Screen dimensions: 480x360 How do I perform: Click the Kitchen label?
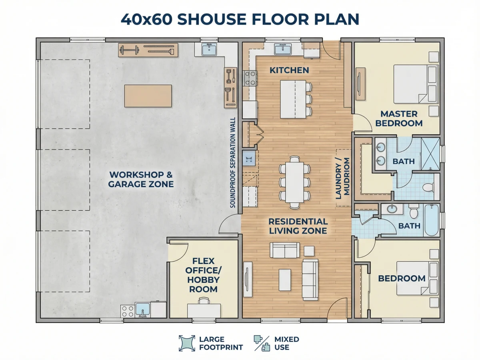click(x=289, y=70)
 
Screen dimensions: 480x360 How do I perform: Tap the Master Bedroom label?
click(x=399, y=118)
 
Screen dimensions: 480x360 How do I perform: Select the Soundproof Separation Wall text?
click(x=233, y=162)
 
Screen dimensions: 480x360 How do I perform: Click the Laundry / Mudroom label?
click(x=342, y=178)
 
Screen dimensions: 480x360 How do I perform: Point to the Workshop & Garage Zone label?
click(x=141, y=179)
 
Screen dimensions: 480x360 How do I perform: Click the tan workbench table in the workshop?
click(x=148, y=96)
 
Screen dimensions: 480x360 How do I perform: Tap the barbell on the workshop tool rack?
click(x=130, y=50)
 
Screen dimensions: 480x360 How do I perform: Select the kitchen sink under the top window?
click(x=283, y=49)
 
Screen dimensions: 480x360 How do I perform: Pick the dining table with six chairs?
click(x=294, y=182)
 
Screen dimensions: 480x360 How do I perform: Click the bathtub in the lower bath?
click(x=432, y=220)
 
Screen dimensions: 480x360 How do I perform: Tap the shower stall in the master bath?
click(x=430, y=154)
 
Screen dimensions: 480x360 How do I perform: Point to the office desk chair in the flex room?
click(x=204, y=300)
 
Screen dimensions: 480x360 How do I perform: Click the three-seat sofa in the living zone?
click(x=310, y=280)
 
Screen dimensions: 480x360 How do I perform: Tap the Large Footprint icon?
click(x=187, y=343)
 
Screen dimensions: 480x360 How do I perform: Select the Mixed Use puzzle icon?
click(x=262, y=343)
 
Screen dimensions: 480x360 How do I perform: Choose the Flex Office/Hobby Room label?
click(x=203, y=275)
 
